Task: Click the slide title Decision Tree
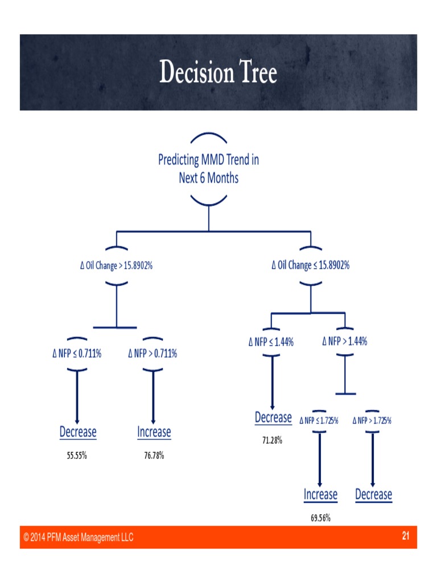click(x=218, y=72)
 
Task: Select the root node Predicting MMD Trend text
click(x=208, y=169)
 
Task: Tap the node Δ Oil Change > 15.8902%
click(x=116, y=265)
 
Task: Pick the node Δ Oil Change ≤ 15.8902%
click(x=311, y=265)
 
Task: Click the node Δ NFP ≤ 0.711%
click(x=77, y=353)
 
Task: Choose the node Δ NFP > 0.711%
click(x=152, y=353)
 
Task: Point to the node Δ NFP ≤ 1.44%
click(x=271, y=342)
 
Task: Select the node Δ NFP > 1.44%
click(x=345, y=342)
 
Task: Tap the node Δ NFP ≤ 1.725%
click(x=319, y=421)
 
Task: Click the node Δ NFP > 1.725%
click(x=372, y=421)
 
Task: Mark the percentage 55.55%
click(x=77, y=455)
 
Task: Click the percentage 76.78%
click(x=154, y=455)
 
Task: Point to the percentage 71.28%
click(x=273, y=440)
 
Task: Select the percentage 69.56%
click(x=321, y=518)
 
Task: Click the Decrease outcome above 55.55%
click(x=78, y=432)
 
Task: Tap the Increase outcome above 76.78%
click(x=154, y=432)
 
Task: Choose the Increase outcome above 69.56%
click(x=321, y=495)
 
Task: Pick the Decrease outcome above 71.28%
click(x=273, y=417)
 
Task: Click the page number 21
click(x=406, y=535)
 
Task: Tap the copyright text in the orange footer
click(x=79, y=537)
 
